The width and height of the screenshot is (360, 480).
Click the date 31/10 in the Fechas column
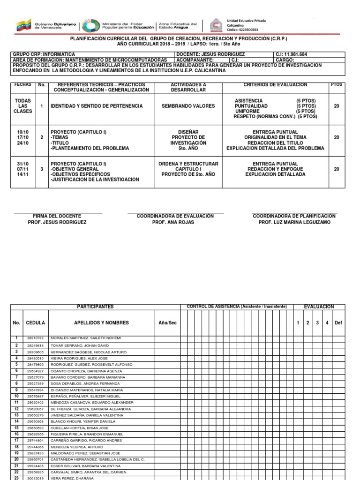22,164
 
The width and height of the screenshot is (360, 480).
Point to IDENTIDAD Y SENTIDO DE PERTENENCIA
97,106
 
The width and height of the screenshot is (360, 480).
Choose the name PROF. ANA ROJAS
175,222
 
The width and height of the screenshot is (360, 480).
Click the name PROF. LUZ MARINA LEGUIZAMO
294,222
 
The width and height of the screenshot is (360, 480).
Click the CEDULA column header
36,323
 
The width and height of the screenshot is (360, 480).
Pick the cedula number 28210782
36,338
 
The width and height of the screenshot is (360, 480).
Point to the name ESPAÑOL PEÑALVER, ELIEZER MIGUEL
84,396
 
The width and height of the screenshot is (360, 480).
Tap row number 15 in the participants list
16,428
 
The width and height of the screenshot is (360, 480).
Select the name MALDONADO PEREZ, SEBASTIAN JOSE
85,453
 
